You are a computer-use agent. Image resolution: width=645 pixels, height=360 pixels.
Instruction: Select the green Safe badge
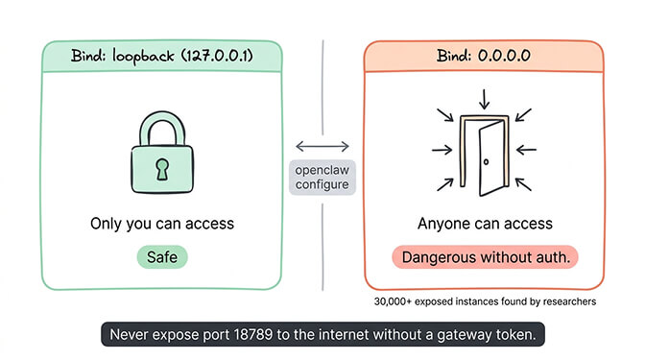pos(161,256)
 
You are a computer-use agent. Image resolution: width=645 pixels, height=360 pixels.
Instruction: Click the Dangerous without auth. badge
pos(485,256)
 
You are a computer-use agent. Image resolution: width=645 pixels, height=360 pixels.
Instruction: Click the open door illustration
pos(484,150)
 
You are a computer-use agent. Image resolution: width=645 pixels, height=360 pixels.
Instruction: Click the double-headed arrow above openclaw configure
pos(322,146)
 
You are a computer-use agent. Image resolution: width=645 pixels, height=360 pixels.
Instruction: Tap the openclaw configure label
pos(322,177)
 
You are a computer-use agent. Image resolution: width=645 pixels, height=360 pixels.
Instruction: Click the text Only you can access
pos(161,224)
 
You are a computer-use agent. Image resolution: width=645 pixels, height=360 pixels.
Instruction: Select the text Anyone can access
pos(485,224)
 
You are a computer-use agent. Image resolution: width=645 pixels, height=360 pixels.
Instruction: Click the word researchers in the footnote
pos(566,300)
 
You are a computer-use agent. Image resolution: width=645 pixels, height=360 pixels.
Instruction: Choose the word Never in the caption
pos(131,335)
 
